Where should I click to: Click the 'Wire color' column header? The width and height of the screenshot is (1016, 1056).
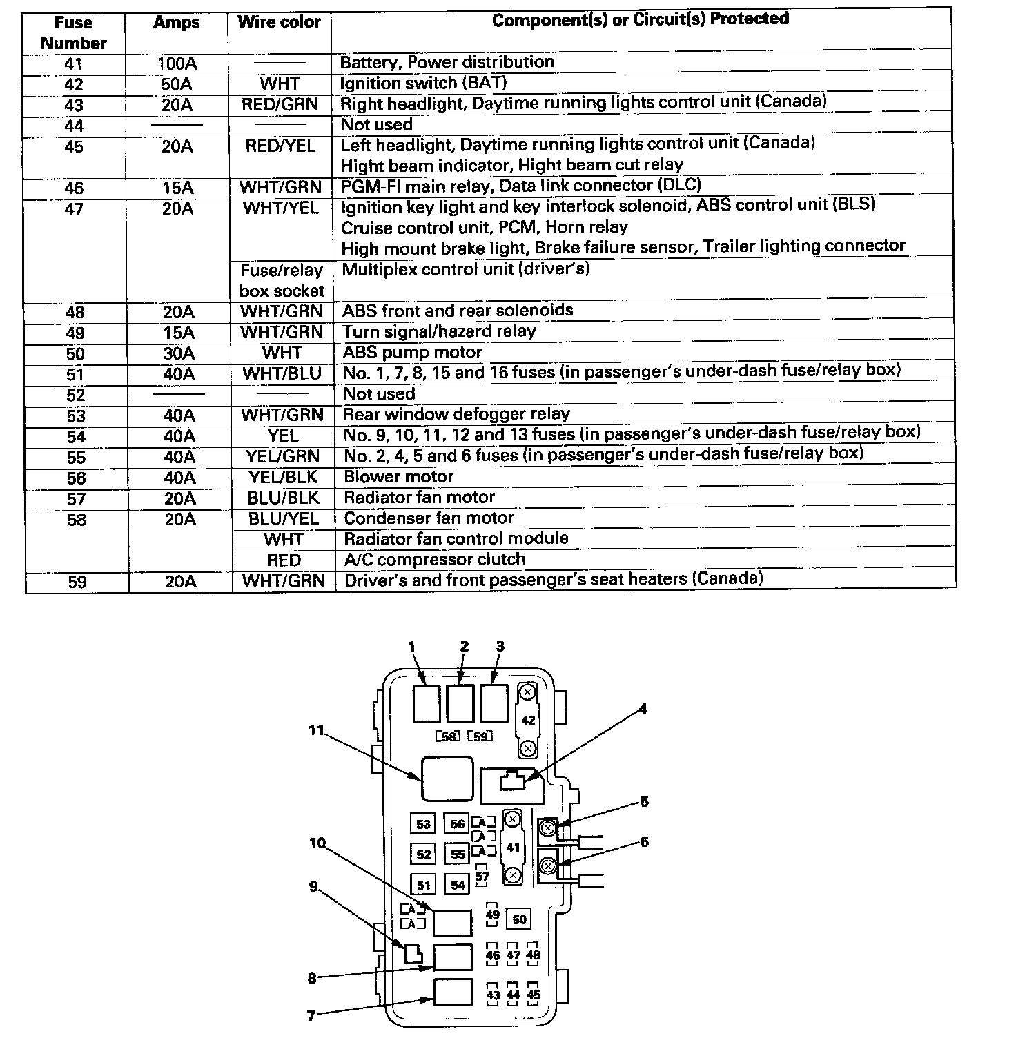[x=279, y=23]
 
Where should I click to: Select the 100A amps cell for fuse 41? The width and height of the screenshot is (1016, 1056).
[x=177, y=64]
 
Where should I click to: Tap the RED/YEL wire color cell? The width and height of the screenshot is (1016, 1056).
[x=280, y=146]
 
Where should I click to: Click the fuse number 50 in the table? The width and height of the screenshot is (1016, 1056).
[x=76, y=354]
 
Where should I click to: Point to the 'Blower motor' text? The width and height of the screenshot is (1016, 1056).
[x=398, y=477]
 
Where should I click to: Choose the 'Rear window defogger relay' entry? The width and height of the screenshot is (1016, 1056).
[x=456, y=414]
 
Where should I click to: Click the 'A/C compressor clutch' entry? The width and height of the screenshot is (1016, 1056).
[x=434, y=560]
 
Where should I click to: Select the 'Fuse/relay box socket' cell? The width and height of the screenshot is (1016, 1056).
[x=282, y=280]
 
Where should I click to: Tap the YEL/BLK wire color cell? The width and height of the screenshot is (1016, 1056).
[x=282, y=478]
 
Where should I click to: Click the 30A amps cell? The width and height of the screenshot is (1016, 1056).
[x=179, y=353]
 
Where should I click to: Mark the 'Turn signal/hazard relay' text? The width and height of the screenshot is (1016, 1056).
[x=439, y=331]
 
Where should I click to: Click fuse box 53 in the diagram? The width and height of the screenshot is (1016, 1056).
[x=423, y=824]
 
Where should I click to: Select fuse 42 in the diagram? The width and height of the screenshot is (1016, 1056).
[x=528, y=720]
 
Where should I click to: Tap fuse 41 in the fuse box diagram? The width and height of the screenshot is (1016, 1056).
[x=512, y=848]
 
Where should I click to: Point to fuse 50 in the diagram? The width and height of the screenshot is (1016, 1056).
[x=519, y=919]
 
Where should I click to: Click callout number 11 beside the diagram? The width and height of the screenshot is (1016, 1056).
[x=316, y=730]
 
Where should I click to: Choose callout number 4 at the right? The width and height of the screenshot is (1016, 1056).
[x=643, y=709]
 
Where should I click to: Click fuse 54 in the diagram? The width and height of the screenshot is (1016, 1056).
[x=458, y=884]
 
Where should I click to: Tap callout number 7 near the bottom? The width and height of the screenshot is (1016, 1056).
[x=311, y=1015]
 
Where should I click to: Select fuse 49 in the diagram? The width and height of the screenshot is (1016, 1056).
[x=492, y=915]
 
